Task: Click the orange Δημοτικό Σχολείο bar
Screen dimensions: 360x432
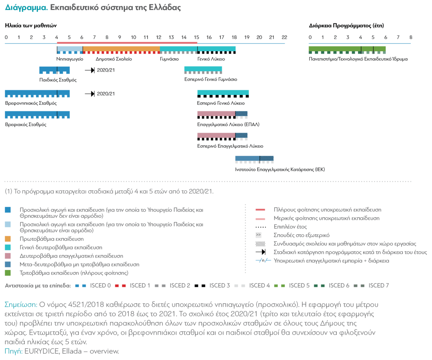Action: click(121, 49)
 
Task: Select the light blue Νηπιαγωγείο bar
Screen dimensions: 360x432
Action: click(70, 49)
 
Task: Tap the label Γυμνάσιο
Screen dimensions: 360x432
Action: click(169, 59)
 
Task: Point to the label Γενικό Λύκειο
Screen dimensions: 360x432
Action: click(211, 59)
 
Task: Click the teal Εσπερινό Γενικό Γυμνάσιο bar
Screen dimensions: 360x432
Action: click(203, 69)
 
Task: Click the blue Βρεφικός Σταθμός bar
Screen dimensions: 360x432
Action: click(37, 114)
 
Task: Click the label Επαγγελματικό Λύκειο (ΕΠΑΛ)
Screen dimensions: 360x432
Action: click(228, 125)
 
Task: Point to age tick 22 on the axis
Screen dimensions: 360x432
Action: click(284, 37)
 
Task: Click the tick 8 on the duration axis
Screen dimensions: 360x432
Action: click(410, 37)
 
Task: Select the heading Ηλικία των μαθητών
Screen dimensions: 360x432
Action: click(31, 26)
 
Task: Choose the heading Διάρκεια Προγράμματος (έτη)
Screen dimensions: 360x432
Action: click(346, 26)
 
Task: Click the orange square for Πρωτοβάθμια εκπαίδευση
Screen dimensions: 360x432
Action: click(8, 239)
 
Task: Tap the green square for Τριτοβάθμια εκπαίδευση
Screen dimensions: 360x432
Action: click(8, 273)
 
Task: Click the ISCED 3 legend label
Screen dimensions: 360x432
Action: click(221, 286)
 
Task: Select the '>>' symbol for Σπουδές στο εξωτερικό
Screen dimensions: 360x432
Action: click(258, 235)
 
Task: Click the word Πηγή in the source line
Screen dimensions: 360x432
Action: click(13, 351)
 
